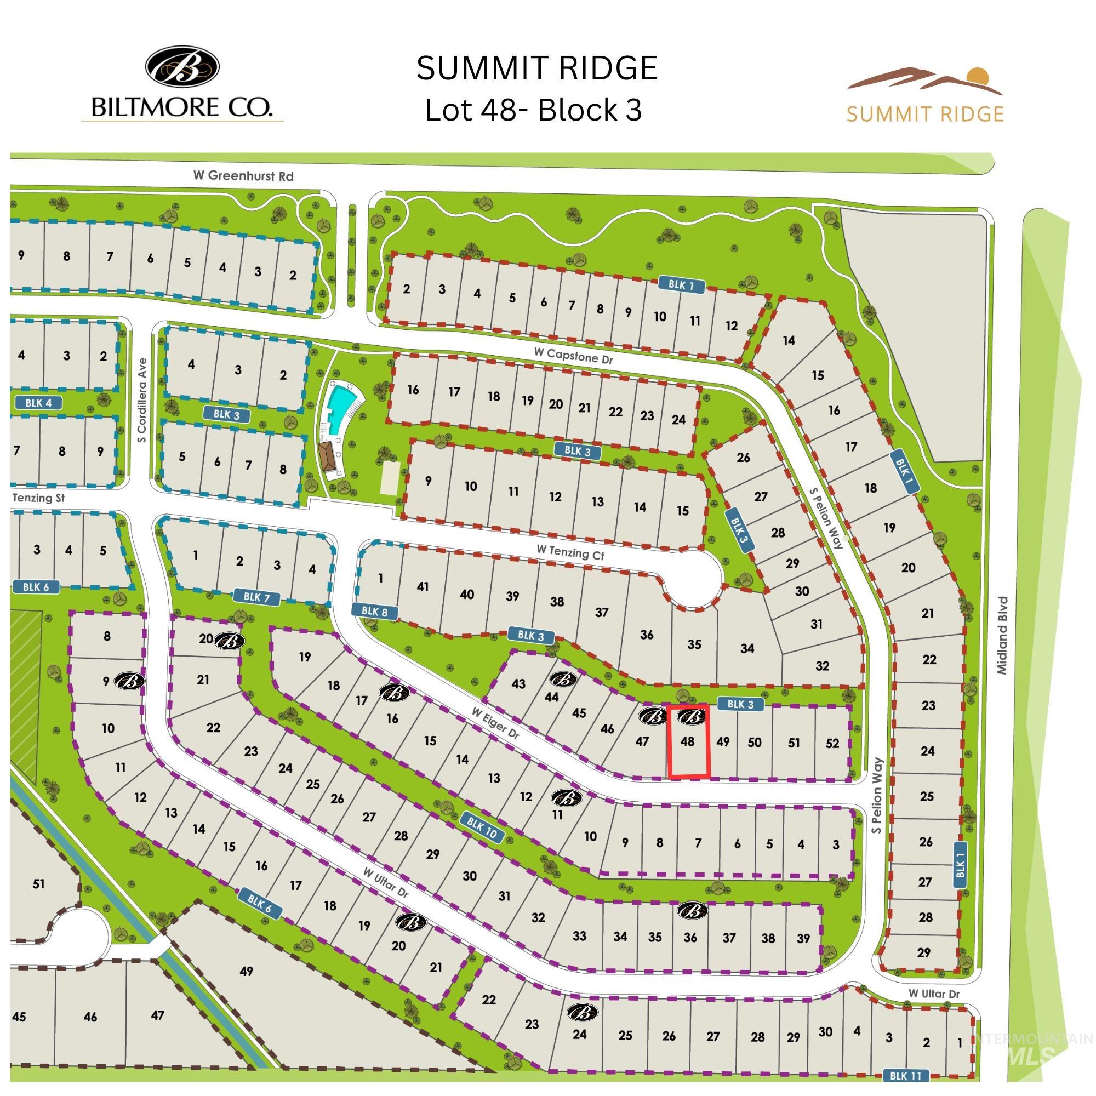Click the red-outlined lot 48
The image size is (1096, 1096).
pos(689,742)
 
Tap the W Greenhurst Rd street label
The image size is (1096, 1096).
pos(243,176)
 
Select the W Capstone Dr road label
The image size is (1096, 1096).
pos(573,356)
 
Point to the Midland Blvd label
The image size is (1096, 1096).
pos(1002,635)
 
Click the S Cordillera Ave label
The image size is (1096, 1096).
pos(142,400)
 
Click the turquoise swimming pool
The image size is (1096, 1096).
pos(341,401)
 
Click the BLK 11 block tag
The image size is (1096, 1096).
pos(909,1076)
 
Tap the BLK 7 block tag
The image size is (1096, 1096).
pos(253,597)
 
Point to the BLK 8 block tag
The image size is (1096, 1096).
pos(374,611)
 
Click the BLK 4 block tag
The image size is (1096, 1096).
pos(38,403)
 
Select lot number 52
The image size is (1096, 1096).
pos(832,743)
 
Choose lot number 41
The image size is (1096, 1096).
pos(423,586)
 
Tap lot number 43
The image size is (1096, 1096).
pos(518,683)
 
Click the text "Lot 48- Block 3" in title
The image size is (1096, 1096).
pos(534,110)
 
